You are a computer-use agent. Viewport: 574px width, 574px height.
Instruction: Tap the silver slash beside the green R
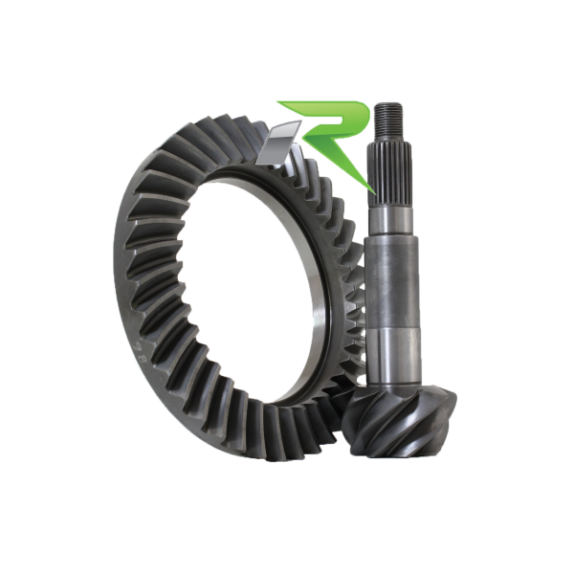tap(279, 143)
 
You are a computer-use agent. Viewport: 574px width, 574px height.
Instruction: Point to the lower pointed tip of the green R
tap(374, 192)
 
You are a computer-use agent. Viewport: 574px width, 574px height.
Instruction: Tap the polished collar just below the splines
tap(390, 222)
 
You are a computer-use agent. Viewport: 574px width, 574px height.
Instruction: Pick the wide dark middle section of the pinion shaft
tap(391, 283)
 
